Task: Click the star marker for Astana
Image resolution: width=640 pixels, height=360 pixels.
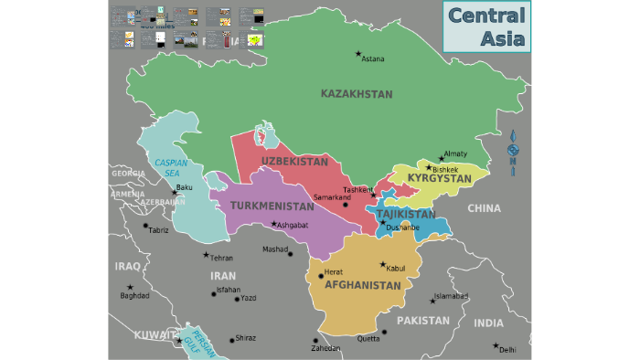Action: [357, 53]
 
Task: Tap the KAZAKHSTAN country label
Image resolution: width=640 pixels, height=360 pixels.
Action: [356, 94]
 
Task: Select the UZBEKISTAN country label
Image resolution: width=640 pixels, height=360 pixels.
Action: [294, 161]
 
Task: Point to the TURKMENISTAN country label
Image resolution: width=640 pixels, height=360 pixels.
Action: [272, 206]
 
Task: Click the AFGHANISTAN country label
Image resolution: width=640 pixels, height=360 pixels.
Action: [363, 285]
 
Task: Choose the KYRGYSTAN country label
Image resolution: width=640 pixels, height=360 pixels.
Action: [439, 177]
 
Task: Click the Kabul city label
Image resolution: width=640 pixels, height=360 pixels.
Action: [395, 269]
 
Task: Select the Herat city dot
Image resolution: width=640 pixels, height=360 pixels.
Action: [321, 275]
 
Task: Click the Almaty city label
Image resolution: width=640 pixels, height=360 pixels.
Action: [455, 154]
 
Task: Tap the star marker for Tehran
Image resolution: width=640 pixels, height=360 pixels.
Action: [206, 255]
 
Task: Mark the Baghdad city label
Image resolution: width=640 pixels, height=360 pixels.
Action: [134, 296]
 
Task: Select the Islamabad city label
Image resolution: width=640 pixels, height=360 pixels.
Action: [451, 296]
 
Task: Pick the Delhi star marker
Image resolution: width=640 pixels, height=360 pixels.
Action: [496, 346]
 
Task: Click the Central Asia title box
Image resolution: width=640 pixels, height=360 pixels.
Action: [485, 26]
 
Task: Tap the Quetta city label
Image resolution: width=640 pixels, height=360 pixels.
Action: [368, 339]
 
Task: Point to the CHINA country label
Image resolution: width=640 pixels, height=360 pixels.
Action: [484, 208]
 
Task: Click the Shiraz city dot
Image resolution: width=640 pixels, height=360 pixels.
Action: [231, 340]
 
